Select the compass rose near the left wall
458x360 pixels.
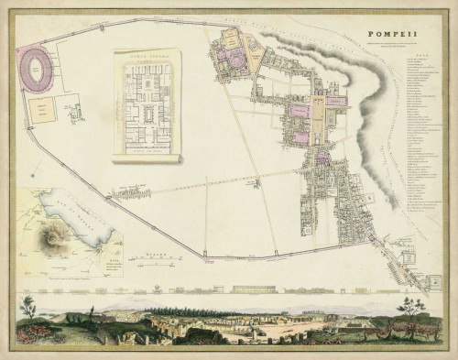tap(35, 169)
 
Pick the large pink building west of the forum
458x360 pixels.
tap(300, 111)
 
